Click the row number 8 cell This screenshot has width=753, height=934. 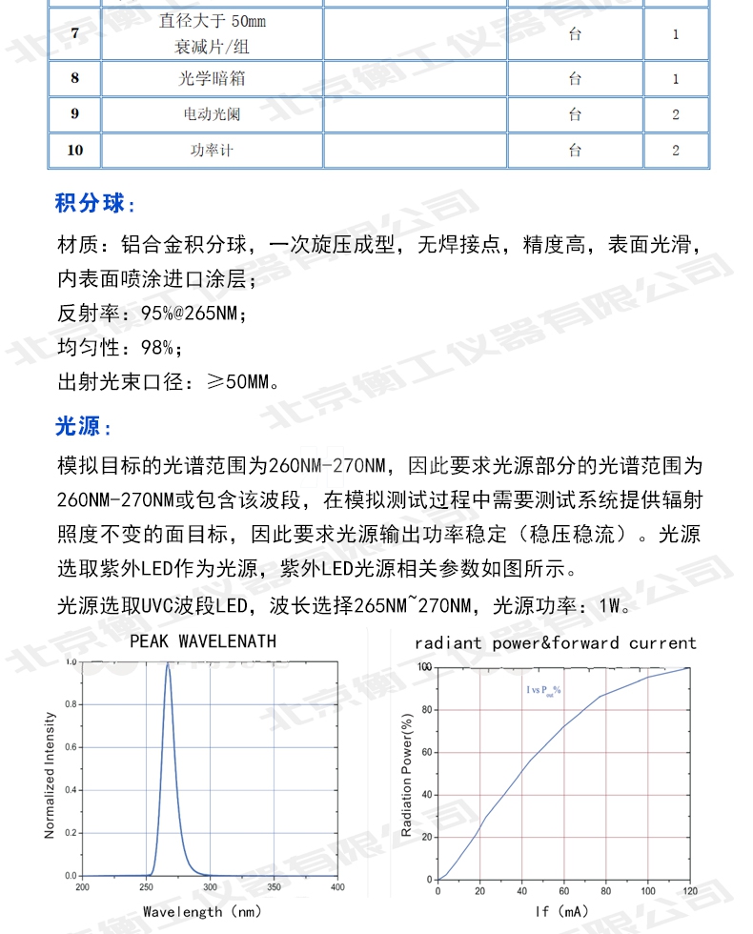point(75,79)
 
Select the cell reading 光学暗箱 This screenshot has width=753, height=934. point(211,79)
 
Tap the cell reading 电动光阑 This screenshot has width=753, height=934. point(211,115)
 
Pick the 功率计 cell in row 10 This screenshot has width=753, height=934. point(211,151)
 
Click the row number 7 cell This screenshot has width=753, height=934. point(75,34)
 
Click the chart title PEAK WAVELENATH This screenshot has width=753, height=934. point(203,641)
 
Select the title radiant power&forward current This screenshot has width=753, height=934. point(556,643)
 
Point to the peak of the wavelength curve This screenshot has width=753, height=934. point(168,664)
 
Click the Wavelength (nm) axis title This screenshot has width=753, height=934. point(202,911)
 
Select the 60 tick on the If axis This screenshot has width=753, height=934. point(563,890)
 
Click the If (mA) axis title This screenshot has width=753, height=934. point(562,912)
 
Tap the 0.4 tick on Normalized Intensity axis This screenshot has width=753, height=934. point(69,790)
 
